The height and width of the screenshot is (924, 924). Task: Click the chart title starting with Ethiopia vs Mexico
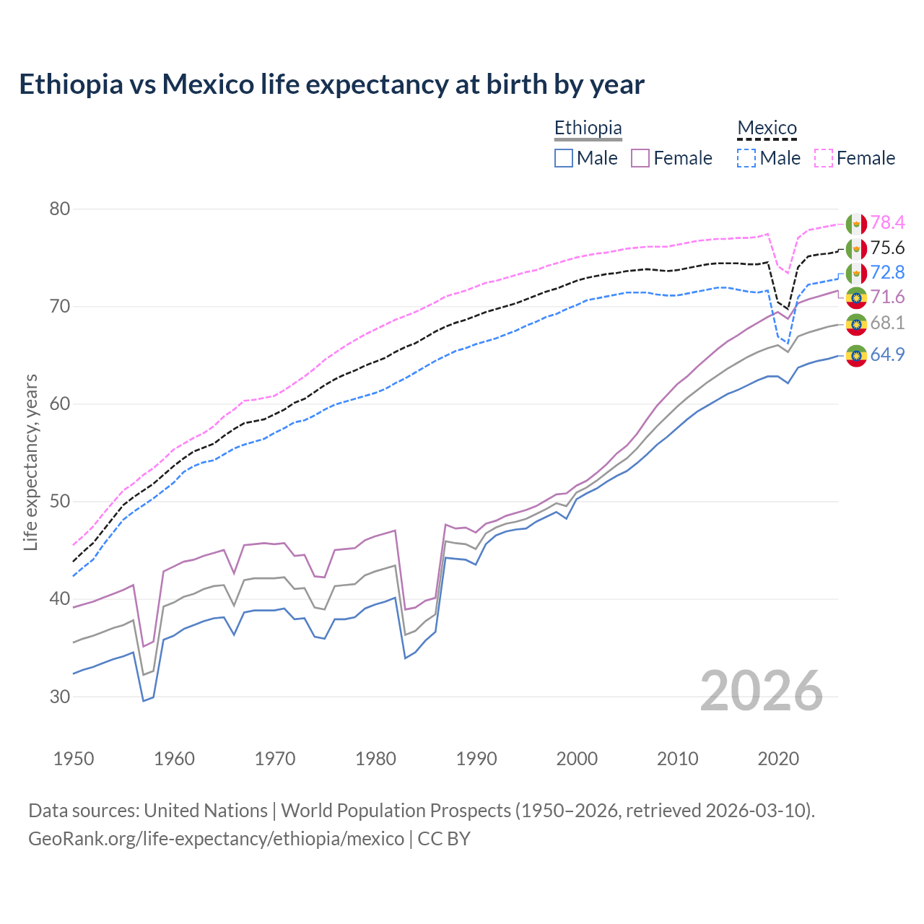pyautogui.click(x=331, y=84)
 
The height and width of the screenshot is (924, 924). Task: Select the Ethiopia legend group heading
pyautogui.click(x=588, y=128)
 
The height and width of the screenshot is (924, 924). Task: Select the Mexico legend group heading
pyautogui.click(x=767, y=128)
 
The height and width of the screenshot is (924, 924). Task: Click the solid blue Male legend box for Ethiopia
pyautogui.click(x=564, y=158)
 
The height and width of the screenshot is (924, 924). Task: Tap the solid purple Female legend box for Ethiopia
pyautogui.click(x=640, y=158)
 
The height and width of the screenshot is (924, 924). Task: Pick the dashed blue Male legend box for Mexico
pyautogui.click(x=746, y=158)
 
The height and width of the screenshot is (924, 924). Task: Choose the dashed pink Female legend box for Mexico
pyautogui.click(x=824, y=158)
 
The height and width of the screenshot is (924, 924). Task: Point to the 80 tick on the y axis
pyautogui.click(x=60, y=209)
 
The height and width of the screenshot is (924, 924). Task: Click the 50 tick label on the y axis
pyautogui.click(x=60, y=502)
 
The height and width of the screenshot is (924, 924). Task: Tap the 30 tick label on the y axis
pyautogui.click(x=60, y=697)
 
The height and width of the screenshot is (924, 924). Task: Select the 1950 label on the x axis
pyautogui.click(x=74, y=759)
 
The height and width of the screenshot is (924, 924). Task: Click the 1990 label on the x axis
pyautogui.click(x=476, y=759)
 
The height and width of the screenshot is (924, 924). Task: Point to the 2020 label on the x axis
pyautogui.click(x=778, y=759)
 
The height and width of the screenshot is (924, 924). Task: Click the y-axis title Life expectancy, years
pyautogui.click(x=31, y=462)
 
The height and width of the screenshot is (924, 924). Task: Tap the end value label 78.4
pyautogui.click(x=887, y=223)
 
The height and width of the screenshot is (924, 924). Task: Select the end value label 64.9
pyautogui.click(x=887, y=354)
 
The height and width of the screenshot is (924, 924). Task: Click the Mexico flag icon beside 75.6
pyautogui.click(x=856, y=248)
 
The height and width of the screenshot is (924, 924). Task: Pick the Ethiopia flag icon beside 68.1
pyautogui.click(x=856, y=323)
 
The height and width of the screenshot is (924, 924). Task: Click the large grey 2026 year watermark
pyautogui.click(x=762, y=691)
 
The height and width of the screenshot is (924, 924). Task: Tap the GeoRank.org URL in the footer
pyautogui.click(x=217, y=839)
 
